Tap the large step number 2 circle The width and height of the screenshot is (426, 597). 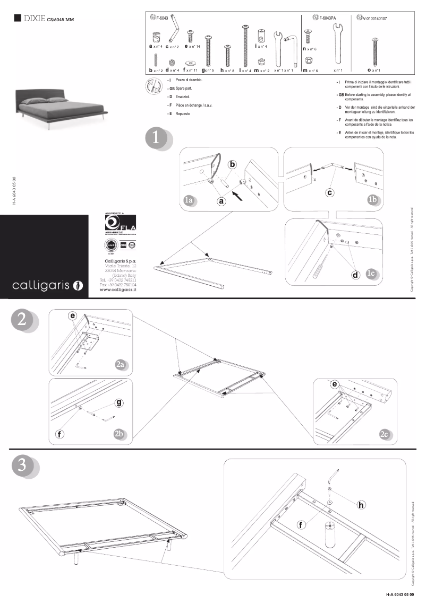tap(23, 320)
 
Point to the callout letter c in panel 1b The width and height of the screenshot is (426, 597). tap(330, 192)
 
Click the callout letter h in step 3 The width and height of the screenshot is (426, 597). tap(361, 504)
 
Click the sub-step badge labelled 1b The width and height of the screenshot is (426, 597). tap(372, 199)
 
